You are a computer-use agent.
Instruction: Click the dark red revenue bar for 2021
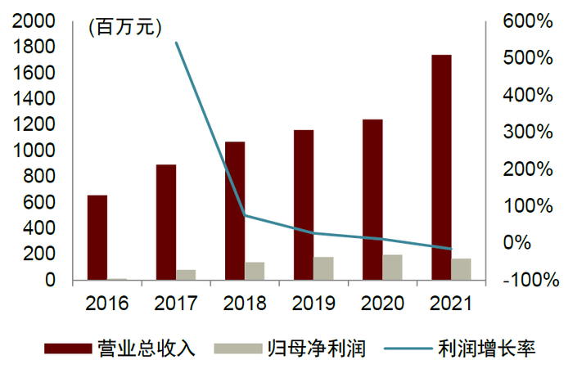(x=441, y=167)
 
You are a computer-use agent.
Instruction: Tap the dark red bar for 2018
(x=235, y=210)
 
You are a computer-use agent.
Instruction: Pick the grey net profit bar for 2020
(x=392, y=268)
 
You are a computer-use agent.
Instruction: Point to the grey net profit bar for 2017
(x=186, y=275)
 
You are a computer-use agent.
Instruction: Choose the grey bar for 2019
(x=323, y=268)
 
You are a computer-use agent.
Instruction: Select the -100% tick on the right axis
(x=526, y=280)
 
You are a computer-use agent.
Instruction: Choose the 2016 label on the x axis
(x=107, y=304)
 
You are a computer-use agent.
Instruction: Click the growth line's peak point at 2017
(x=177, y=43)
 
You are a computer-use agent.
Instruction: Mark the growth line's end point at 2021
(x=451, y=249)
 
